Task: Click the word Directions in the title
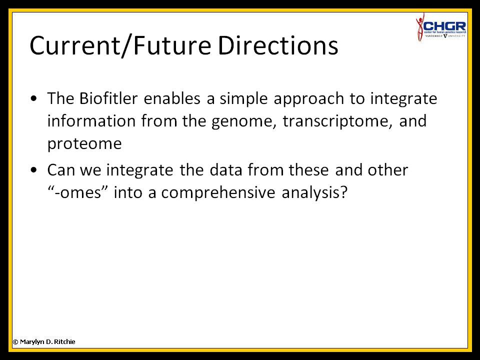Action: [x=277, y=45]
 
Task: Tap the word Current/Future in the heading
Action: [x=120, y=46]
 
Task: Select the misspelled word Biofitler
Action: [x=108, y=98]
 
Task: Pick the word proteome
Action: [x=84, y=144]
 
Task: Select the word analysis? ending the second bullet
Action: [x=314, y=193]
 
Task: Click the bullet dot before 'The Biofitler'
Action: [x=33, y=99]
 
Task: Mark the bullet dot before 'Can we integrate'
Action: [x=33, y=170]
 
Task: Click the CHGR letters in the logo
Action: [x=445, y=26]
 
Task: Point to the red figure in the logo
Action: [x=419, y=27]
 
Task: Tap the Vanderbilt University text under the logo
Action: [x=445, y=36]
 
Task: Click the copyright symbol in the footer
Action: [x=15, y=342]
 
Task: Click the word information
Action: [x=91, y=120]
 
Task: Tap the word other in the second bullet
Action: [x=388, y=170]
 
